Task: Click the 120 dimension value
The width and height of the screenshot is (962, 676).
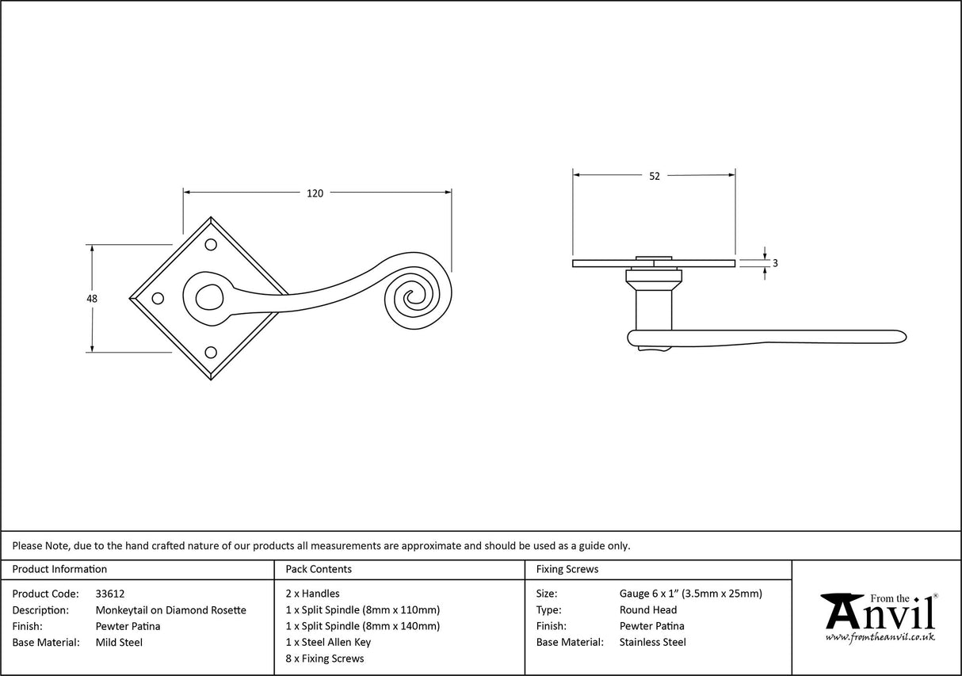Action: click(315, 193)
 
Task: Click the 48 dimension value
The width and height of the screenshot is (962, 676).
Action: click(92, 298)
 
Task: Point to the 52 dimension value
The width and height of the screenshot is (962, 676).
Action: click(654, 176)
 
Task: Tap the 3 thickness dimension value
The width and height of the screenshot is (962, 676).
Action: click(774, 263)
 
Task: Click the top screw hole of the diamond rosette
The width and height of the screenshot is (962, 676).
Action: click(211, 245)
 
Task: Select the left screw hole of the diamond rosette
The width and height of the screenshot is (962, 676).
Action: click(158, 298)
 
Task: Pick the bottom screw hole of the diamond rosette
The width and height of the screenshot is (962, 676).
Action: click(211, 352)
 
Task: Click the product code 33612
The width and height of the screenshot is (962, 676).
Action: click(109, 594)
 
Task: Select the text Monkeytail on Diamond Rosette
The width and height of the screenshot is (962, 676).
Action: click(170, 610)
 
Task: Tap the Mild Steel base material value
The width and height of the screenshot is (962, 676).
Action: click(119, 643)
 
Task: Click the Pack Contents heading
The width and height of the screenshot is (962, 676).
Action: click(319, 569)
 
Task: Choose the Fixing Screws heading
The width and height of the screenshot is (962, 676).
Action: click(567, 569)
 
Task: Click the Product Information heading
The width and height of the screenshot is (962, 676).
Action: click(59, 569)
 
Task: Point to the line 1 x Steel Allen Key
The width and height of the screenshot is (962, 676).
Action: click(328, 643)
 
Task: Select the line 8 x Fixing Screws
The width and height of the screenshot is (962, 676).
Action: click(325, 659)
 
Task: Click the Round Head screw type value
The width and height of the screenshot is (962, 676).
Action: click(648, 610)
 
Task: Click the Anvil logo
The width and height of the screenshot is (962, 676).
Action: click(879, 616)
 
